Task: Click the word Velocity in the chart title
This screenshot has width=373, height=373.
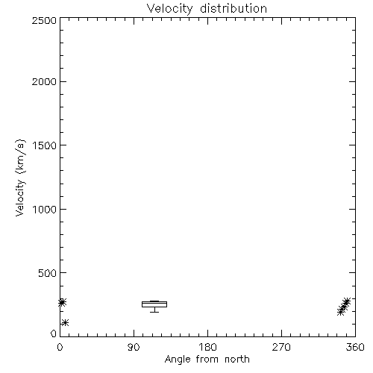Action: point(170,9)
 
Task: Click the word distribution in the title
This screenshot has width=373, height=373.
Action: point(233,8)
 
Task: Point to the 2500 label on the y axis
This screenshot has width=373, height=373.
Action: point(44,20)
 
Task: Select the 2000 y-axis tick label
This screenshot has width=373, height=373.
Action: point(44,81)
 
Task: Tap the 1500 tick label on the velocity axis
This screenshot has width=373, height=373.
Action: point(45,145)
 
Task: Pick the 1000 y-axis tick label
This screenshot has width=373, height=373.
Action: point(45,210)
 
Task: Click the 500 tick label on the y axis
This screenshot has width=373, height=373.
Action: point(48,273)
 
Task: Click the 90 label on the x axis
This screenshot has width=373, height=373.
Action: point(134,347)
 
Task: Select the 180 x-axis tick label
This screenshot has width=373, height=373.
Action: point(207,347)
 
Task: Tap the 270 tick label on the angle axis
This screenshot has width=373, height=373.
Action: point(281,347)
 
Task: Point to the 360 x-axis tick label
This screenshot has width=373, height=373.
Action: point(355,347)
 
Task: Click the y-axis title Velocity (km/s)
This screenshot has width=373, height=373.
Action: point(20,178)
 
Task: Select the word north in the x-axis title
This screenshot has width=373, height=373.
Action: point(237,359)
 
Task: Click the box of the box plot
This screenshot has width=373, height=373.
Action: point(154,302)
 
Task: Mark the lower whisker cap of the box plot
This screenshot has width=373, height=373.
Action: point(154,312)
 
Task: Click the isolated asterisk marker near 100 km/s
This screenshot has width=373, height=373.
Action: point(65,323)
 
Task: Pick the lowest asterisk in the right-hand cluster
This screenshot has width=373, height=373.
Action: point(341,312)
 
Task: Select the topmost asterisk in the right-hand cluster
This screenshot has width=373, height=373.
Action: point(347,301)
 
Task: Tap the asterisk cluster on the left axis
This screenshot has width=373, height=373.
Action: point(62,303)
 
